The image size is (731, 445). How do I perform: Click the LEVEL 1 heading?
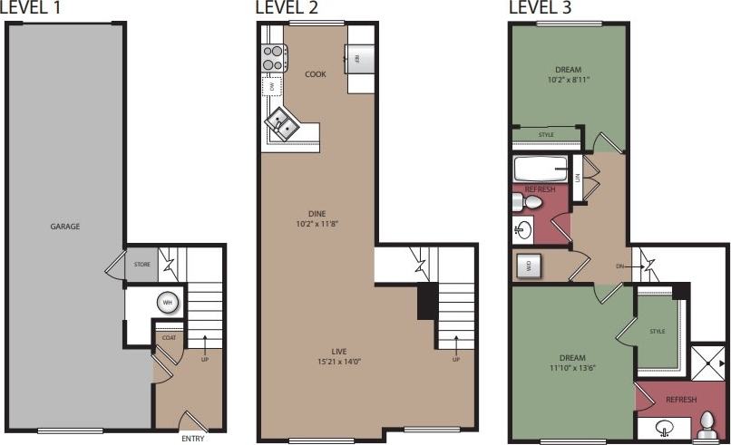point(32,8)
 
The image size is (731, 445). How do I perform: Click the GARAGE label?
point(65,227)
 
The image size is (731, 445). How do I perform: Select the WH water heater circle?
point(168,303)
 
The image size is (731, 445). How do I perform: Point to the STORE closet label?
point(142,265)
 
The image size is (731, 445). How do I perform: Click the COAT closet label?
point(169,338)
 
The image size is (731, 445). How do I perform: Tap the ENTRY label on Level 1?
point(192,439)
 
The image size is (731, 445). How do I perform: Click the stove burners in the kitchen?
point(273,59)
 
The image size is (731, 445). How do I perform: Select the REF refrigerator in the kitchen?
point(357,58)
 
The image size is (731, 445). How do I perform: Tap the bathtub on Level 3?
point(541,169)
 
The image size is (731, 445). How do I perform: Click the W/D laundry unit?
point(529,266)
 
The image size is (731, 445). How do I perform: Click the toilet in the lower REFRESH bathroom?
point(707,425)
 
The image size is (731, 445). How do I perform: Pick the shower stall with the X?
point(708,360)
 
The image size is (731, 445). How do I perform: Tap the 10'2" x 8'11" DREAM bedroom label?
point(568,75)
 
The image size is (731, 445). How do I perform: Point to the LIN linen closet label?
point(577,178)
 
